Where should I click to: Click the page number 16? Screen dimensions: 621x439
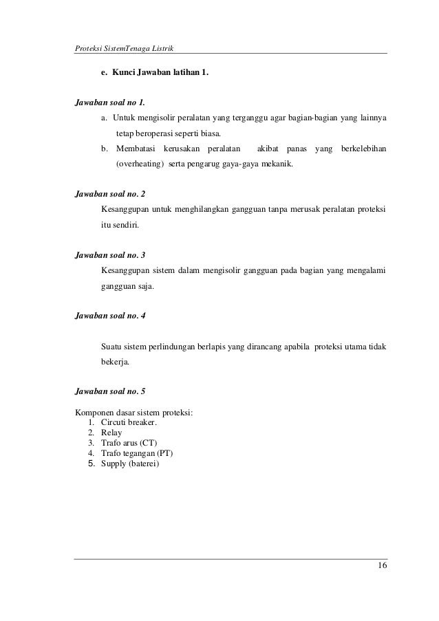(x=381, y=565)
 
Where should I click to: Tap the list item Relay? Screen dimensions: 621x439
(x=111, y=433)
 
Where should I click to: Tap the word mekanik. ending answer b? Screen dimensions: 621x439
(x=275, y=165)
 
